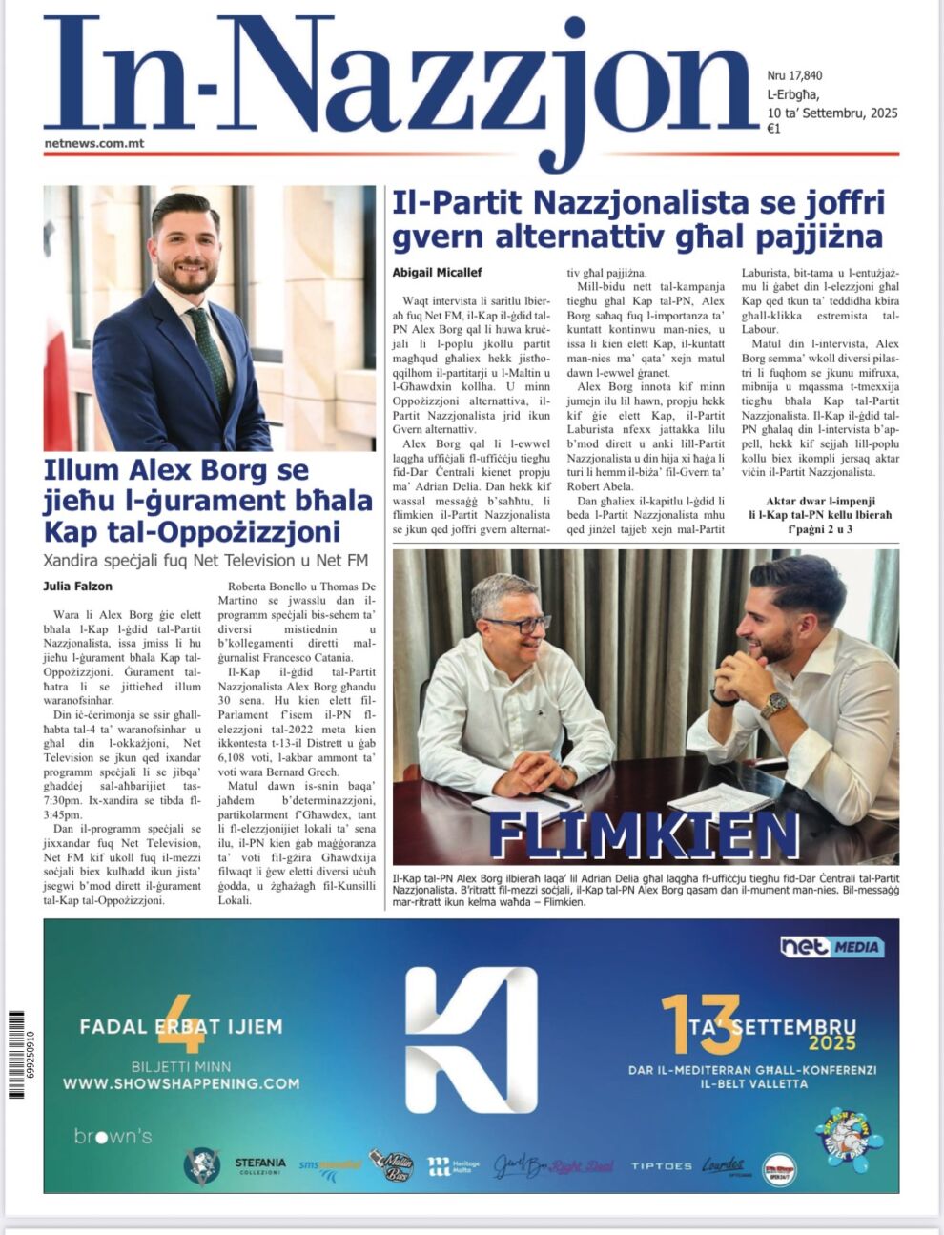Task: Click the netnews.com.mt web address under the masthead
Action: (94, 144)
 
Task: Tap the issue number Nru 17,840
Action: (794, 76)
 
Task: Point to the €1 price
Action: (774, 130)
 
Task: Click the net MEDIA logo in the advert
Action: (832, 946)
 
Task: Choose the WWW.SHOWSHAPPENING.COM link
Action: (181, 1083)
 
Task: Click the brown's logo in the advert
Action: (113, 1136)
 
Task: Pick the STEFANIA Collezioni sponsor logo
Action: (260, 1165)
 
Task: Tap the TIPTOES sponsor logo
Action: (662, 1166)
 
